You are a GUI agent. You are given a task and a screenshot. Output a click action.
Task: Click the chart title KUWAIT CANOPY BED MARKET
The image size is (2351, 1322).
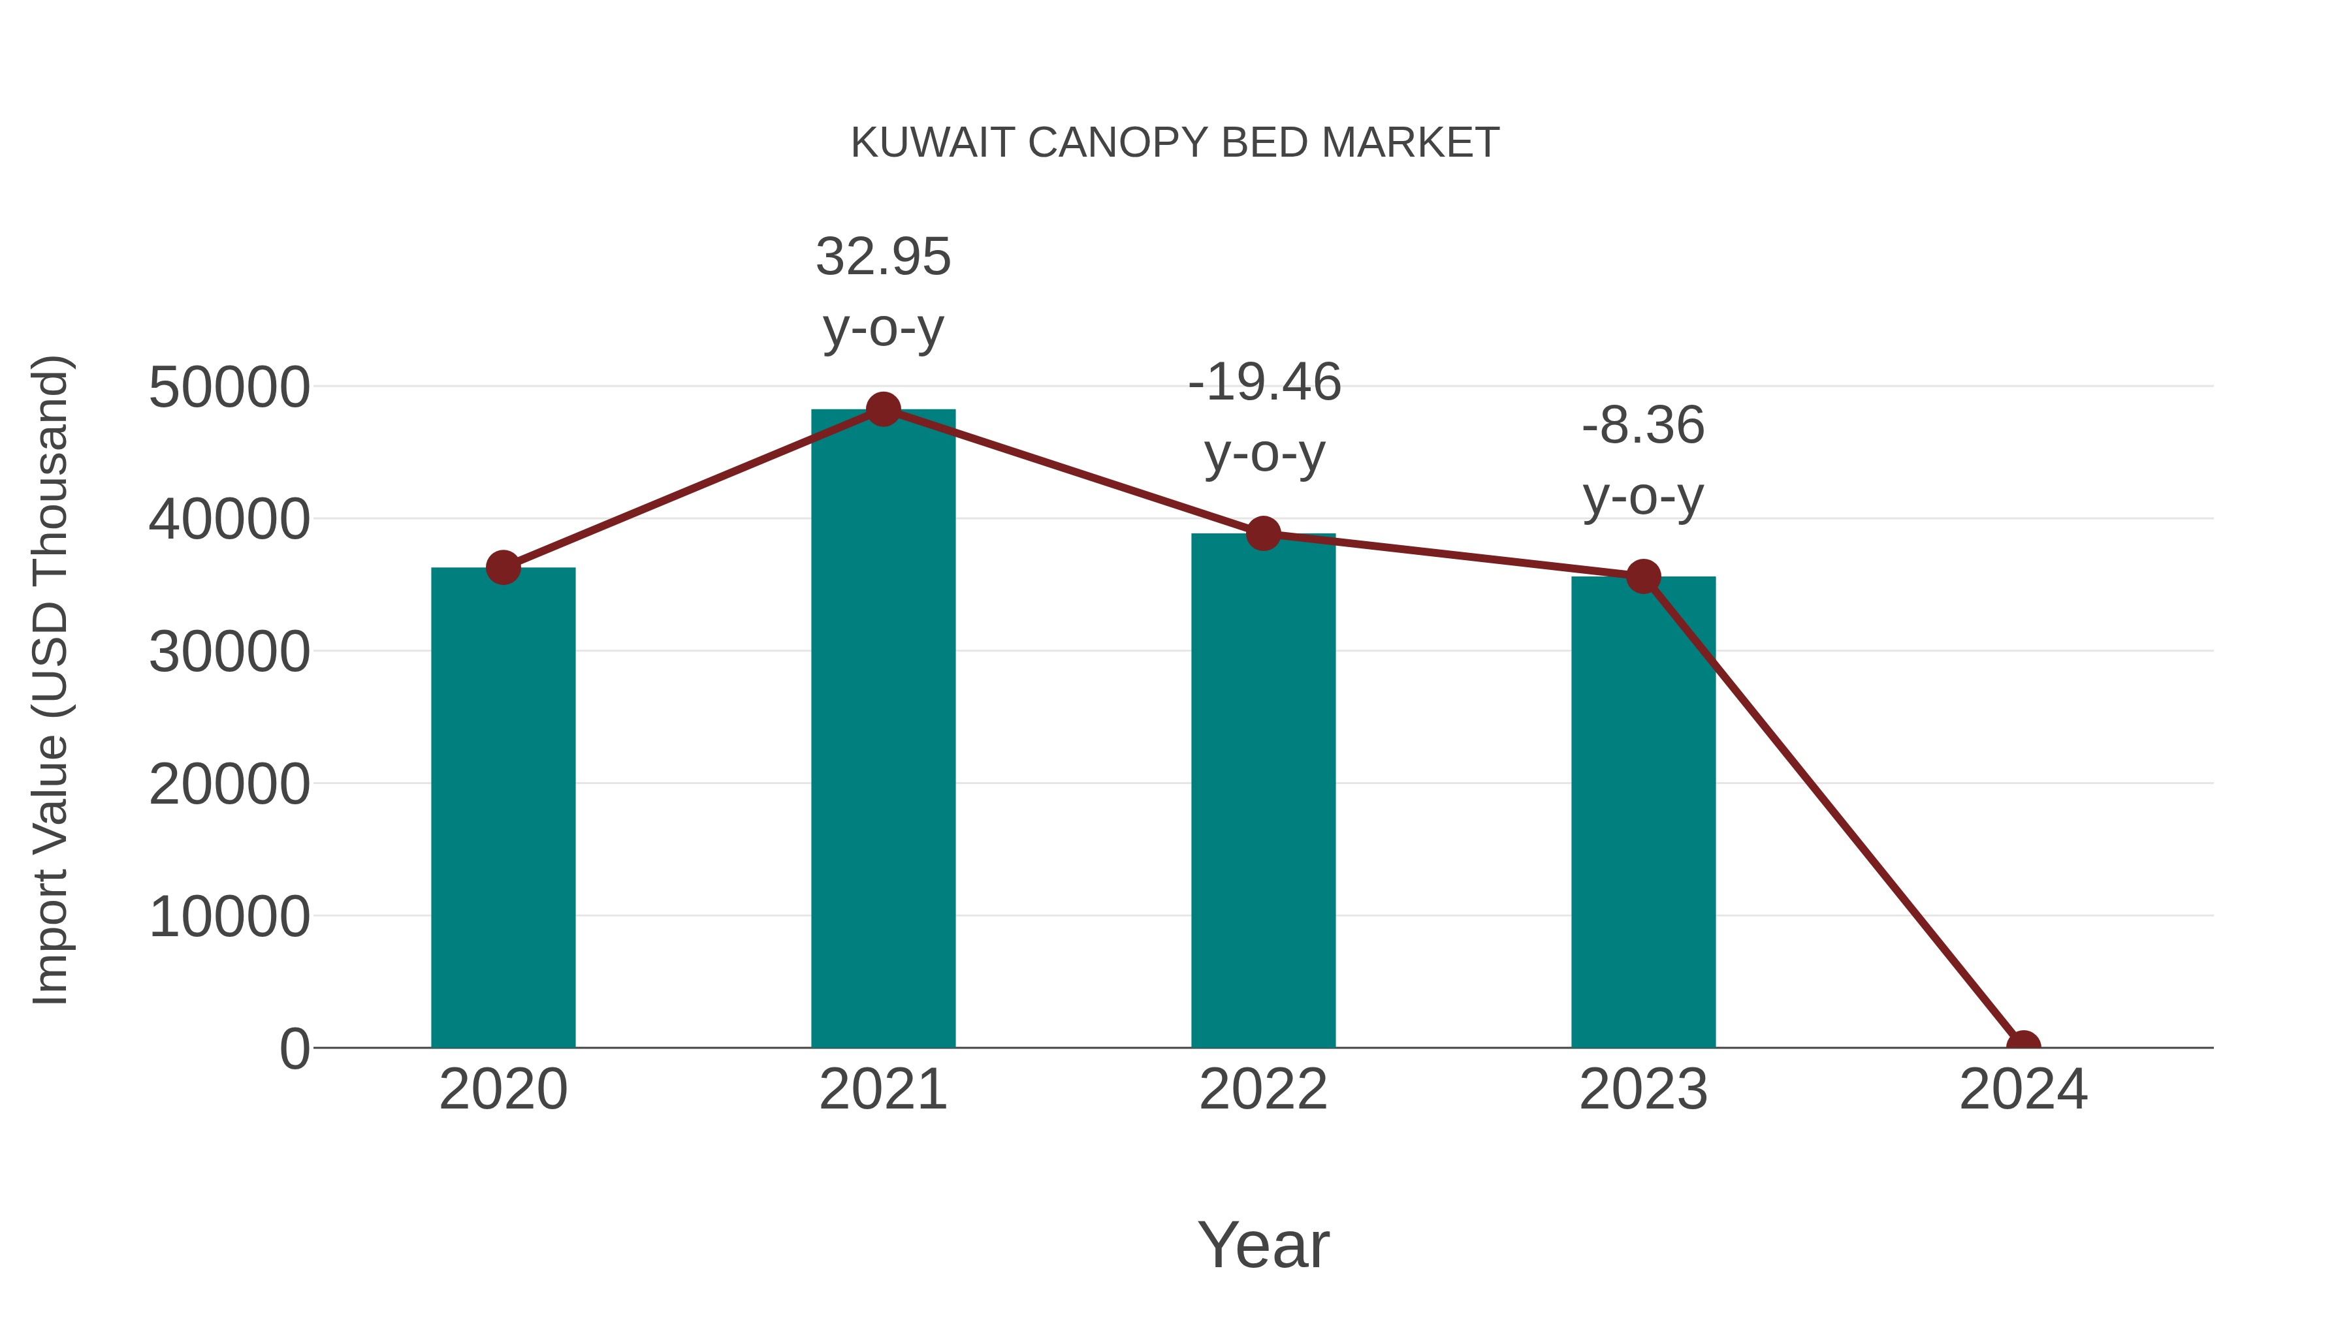tap(1175, 143)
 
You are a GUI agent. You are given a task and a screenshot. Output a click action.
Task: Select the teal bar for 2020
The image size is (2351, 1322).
tap(503, 808)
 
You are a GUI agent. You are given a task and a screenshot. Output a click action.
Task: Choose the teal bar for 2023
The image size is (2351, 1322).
tap(1643, 812)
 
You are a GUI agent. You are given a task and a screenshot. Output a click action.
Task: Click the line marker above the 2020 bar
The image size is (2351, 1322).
tap(503, 567)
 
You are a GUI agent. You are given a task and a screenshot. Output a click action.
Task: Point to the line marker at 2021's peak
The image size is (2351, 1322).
tap(882, 409)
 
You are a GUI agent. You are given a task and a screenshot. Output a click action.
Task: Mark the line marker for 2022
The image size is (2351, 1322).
tap(1263, 534)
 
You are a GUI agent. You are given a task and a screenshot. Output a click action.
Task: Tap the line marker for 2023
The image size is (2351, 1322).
tap(1643, 576)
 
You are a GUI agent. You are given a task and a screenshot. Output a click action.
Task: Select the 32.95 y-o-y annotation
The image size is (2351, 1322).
tap(882, 292)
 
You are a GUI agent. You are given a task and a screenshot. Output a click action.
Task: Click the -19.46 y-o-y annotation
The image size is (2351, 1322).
tap(1264, 417)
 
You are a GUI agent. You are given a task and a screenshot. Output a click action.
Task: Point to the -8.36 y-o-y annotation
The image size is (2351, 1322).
tap(1643, 461)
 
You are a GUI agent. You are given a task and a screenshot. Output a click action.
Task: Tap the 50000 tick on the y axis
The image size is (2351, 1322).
tap(229, 388)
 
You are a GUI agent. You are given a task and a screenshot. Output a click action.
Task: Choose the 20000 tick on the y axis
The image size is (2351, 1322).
tap(229, 785)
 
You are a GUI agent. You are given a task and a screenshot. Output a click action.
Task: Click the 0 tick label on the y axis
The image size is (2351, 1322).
tap(294, 1049)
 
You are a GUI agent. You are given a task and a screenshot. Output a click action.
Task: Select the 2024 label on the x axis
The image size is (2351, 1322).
tap(2023, 1090)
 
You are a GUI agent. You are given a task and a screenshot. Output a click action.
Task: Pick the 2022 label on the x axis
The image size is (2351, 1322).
tap(1263, 1090)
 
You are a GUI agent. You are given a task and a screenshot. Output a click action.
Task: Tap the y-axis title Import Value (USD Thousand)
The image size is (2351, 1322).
tap(51, 680)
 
